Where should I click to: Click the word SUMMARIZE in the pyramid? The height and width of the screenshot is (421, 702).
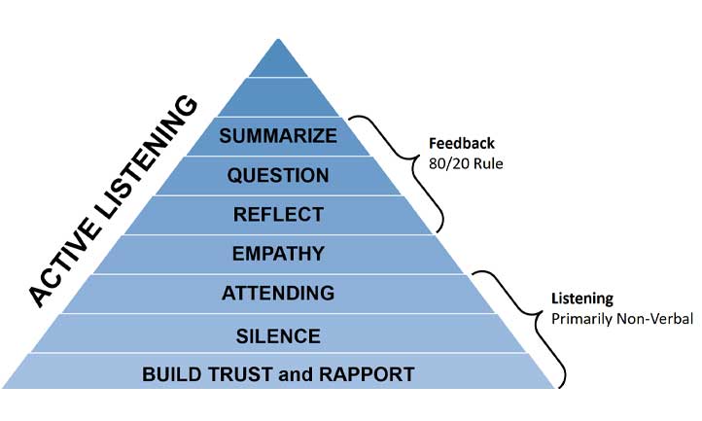278,135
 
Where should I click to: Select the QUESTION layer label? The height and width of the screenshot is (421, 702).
278,175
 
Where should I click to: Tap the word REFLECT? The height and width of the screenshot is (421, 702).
278,214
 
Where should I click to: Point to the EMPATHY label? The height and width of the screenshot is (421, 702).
278,254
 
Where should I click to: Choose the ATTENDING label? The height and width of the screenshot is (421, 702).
278,293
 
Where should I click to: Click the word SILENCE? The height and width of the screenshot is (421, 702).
278,335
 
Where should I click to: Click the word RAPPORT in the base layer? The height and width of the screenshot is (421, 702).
369,373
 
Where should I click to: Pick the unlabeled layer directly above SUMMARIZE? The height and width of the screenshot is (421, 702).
278,98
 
